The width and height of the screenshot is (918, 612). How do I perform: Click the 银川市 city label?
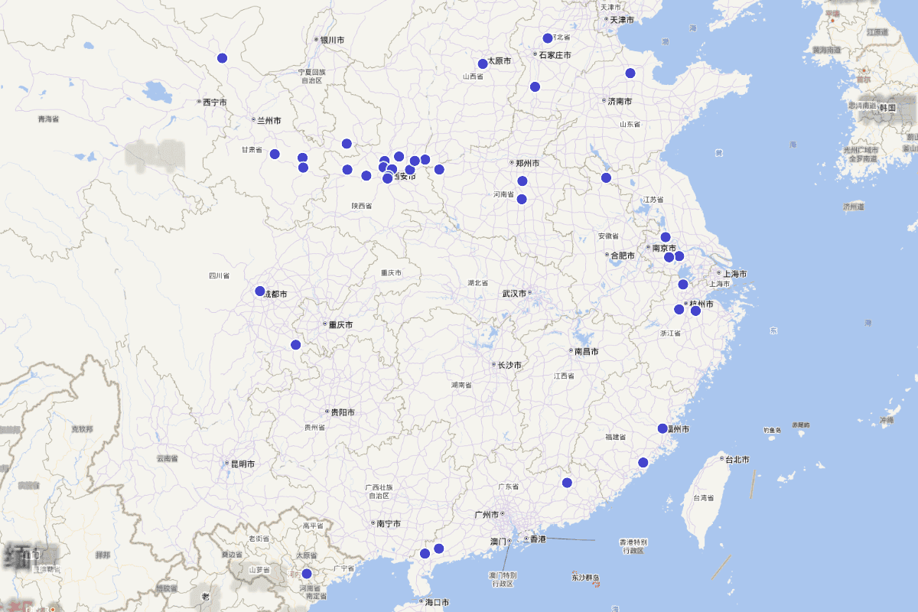point(333,40)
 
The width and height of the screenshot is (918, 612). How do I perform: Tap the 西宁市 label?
point(215,102)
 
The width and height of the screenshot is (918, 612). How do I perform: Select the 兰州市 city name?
point(269,120)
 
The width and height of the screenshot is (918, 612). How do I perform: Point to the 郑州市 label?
point(527,163)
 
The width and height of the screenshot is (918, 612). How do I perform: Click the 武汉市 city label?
point(515,293)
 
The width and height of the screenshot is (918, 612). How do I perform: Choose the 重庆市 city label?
point(340,324)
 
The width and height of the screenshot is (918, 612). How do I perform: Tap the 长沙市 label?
point(509,365)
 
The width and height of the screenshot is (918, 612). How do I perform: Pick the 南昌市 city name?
point(586,351)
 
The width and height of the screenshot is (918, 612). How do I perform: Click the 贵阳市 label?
point(341,412)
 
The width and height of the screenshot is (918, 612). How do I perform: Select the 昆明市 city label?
point(243,464)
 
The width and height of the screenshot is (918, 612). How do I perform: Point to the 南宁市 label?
point(389,523)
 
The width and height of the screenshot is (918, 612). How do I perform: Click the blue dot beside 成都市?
point(260,291)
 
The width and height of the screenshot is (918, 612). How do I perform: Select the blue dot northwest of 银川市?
point(222,58)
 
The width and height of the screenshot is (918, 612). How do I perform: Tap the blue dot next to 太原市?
point(483,64)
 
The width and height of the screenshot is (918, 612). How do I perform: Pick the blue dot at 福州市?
point(662,428)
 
